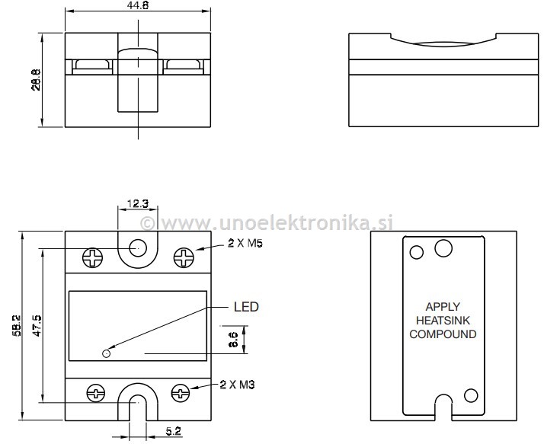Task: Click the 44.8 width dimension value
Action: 138,5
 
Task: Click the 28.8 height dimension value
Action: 36,80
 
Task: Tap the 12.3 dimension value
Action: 138,203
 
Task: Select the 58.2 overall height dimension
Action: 17,326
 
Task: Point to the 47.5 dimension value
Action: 37,325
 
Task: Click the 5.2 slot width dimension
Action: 173,431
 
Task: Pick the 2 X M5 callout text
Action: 245,243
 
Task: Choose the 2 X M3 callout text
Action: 237,385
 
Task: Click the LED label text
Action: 246,307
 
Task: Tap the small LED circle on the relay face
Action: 107,353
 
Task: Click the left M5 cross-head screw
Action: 93,257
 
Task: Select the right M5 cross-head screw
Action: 184,257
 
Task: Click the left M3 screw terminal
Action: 95,393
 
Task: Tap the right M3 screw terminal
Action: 181,393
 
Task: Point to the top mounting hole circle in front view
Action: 138,248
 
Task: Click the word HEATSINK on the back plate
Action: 443,320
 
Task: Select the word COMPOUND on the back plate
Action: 443,334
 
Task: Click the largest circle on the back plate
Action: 443,248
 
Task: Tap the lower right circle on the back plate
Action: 471,395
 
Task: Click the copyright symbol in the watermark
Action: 148,223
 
